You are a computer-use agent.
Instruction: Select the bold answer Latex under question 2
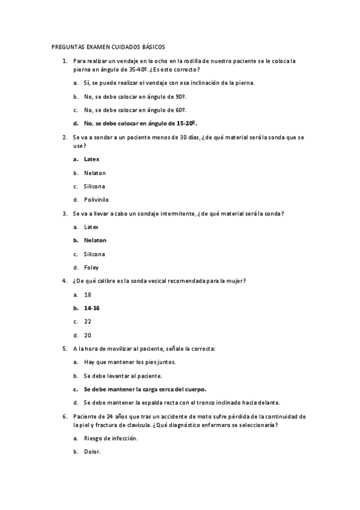(91, 159)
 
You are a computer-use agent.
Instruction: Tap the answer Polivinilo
(96, 200)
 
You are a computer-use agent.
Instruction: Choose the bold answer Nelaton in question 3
(95, 240)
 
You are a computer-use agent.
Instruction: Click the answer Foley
(91, 267)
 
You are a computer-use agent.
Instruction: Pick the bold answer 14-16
(92, 308)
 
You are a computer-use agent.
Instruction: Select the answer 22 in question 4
(88, 321)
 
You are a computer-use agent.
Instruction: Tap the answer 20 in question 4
(88, 335)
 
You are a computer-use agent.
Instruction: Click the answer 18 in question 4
(88, 295)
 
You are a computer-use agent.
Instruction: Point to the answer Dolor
(93, 452)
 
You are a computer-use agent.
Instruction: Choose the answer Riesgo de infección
(111, 438)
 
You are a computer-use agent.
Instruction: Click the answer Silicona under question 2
(94, 186)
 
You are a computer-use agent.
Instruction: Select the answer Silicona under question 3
(94, 254)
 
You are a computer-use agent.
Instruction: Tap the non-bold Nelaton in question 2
(95, 173)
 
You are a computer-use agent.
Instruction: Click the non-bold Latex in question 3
(91, 227)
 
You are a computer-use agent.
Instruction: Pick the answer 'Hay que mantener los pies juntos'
(130, 362)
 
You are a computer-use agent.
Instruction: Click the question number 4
(64, 281)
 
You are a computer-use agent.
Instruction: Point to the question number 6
(64, 416)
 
